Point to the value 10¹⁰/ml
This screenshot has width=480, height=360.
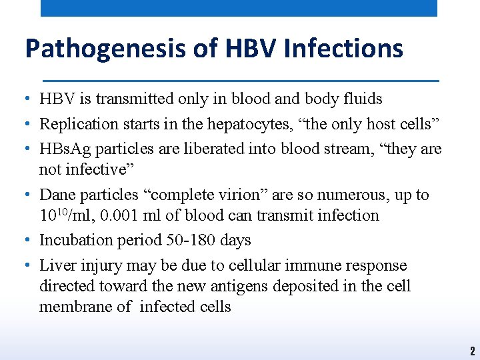[x=62, y=215]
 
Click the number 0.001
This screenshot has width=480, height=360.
[x=113, y=215]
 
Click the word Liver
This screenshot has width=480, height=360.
[x=57, y=265]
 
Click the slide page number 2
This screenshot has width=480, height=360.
[x=471, y=351]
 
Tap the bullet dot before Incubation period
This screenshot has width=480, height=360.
[x=24, y=240]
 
